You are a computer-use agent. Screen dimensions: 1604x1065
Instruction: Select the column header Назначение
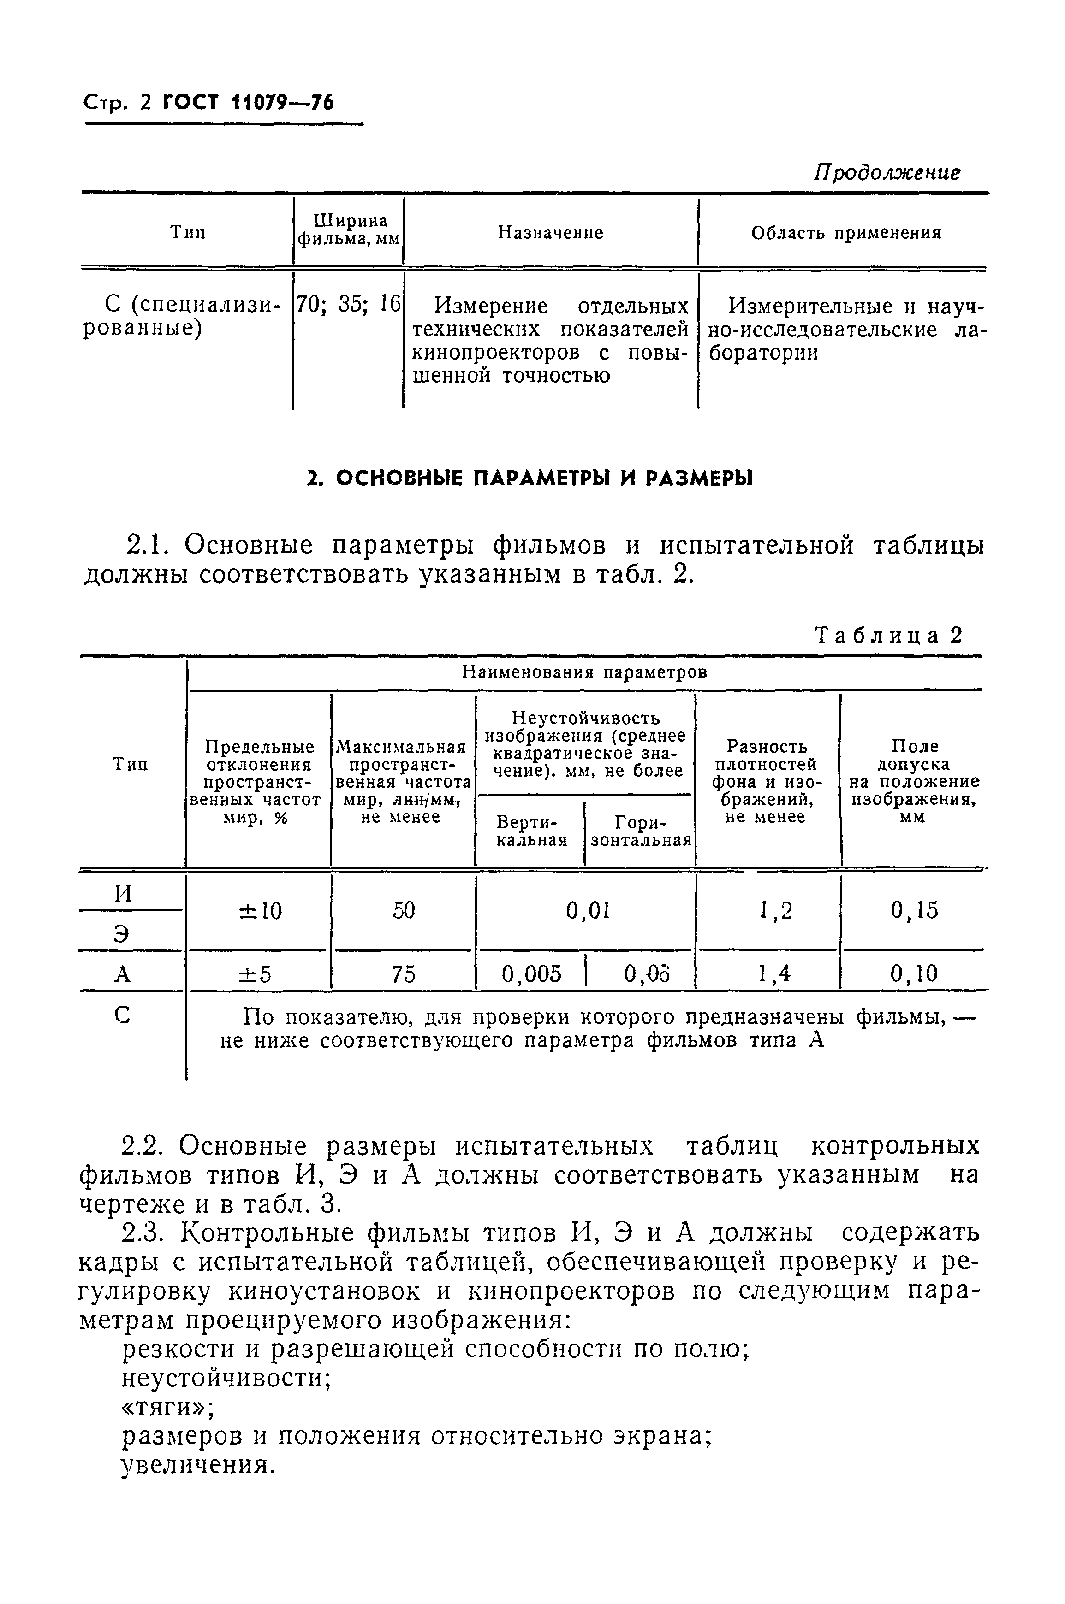point(550,233)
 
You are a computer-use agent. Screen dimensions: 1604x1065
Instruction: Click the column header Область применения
point(845,233)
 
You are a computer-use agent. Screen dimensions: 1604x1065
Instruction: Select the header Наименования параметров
point(584,672)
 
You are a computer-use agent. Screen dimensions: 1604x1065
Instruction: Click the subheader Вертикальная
point(532,831)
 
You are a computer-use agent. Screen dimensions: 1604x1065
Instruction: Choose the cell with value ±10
point(260,910)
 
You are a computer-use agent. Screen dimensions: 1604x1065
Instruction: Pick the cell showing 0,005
point(531,974)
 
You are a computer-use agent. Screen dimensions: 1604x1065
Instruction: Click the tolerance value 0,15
point(914,910)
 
